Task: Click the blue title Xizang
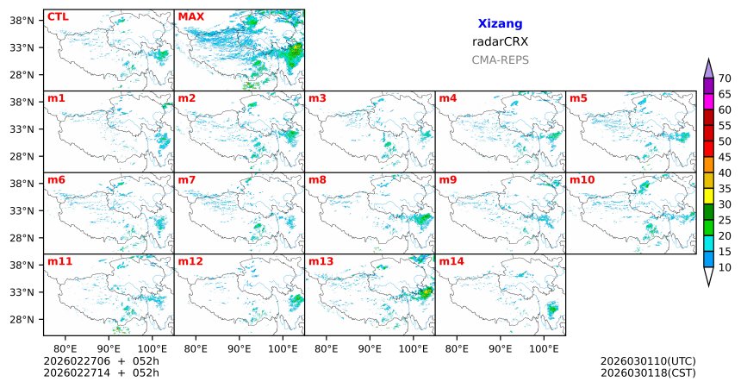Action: (500, 24)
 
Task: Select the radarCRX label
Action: (500, 41)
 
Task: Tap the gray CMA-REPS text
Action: (500, 60)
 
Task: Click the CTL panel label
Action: (58, 16)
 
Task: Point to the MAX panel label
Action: (190, 16)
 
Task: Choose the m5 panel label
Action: (578, 98)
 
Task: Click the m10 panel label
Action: (582, 179)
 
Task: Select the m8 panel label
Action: (317, 179)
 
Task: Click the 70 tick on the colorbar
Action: (725, 78)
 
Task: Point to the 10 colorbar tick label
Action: (725, 268)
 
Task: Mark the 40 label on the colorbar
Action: (725, 173)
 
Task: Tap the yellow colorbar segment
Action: (708, 197)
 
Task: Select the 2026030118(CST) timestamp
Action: (648, 372)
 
